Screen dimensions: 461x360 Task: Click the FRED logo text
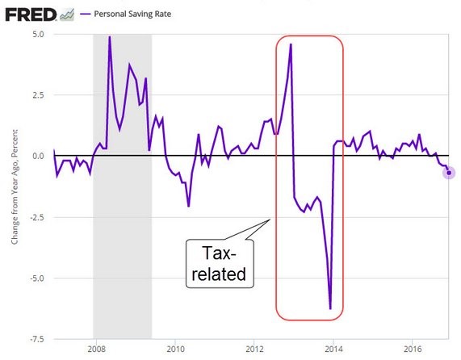click(31, 15)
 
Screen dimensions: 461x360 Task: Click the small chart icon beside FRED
click(67, 15)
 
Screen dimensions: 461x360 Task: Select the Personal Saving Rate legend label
click(132, 14)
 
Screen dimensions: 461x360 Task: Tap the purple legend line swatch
click(86, 14)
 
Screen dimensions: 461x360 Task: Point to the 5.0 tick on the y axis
click(38, 35)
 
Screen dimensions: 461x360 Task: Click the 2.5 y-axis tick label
click(38, 95)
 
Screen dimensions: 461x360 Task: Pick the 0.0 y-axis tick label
click(38, 156)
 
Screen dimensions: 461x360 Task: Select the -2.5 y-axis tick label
click(37, 217)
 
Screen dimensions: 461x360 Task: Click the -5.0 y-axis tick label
click(37, 278)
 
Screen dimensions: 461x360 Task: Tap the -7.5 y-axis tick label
click(37, 339)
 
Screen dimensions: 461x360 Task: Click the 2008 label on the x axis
click(96, 350)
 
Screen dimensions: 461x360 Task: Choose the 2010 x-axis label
click(175, 350)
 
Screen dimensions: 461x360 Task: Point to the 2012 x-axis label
click(254, 350)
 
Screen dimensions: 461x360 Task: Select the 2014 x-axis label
click(333, 350)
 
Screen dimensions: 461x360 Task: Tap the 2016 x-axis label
click(413, 350)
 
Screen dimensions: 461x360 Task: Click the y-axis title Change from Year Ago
click(15, 187)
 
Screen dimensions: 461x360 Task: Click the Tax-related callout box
click(220, 264)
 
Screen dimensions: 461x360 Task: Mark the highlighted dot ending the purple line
click(449, 173)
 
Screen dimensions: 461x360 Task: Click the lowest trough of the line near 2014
click(330, 309)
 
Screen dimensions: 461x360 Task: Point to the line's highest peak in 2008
click(110, 37)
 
